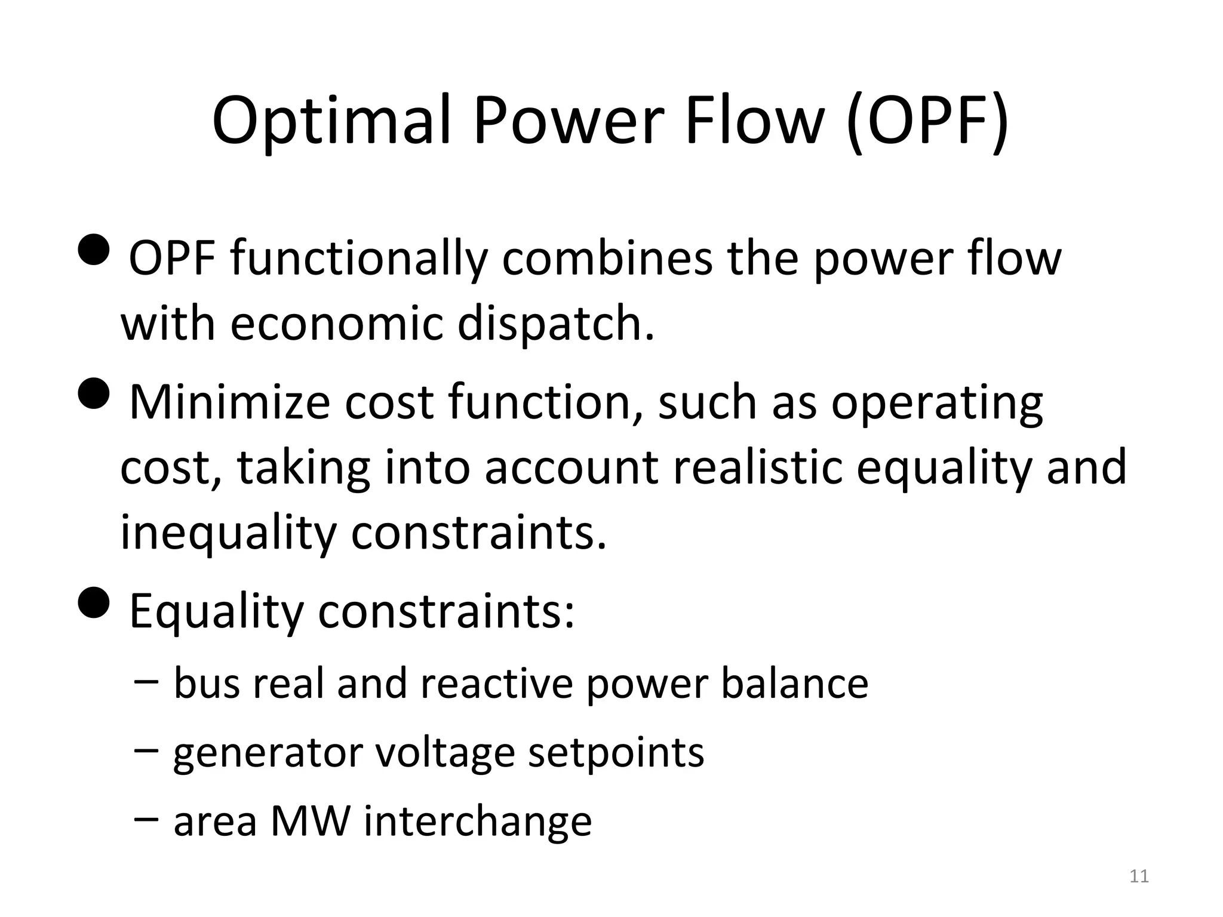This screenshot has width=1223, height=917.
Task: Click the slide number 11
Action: pos(1139,876)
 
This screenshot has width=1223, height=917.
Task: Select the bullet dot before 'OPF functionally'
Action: pos(94,249)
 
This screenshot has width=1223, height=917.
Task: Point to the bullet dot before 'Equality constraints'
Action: pos(94,602)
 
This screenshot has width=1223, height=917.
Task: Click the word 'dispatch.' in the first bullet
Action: pos(556,324)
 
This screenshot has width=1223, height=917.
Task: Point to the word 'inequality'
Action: pos(228,533)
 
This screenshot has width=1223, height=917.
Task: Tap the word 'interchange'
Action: pos(478,822)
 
